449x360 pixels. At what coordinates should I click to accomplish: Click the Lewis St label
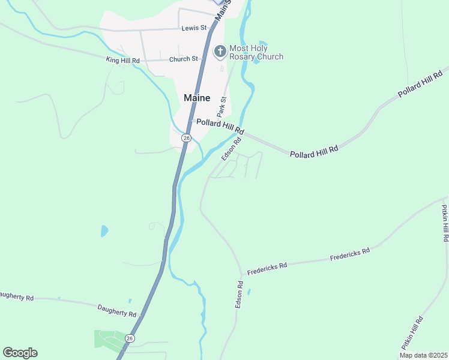pyautogui.click(x=194, y=28)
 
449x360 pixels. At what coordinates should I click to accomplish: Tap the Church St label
pyautogui.click(x=184, y=59)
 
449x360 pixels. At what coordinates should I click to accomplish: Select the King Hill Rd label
pyautogui.click(x=122, y=61)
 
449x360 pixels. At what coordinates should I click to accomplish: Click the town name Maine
pyautogui.click(x=197, y=98)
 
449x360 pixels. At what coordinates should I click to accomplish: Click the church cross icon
pyautogui.click(x=220, y=52)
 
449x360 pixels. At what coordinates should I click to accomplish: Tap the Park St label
pyautogui.click(x=223, y=107)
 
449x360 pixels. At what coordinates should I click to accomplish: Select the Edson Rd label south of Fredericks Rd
pyautogui.click(x=239, y=295)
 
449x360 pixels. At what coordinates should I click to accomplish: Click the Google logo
pyautogui.click(x=20, y=353)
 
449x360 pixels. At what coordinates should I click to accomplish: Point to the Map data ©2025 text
pyautogui.click(x=423, y=355)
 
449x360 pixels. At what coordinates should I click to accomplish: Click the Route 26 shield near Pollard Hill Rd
pyautogui.click(x=187, y=138)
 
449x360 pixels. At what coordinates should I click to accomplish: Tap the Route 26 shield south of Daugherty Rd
pyautogui.click(x=130, y=338)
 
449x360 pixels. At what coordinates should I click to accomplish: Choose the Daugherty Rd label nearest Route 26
pyautogui.click(x=117, y=310)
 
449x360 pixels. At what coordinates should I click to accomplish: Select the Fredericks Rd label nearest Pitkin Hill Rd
pyautogui.click(x=350, y=254)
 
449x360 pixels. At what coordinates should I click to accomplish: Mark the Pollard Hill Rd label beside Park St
pyautogui.click(x=220, y=126)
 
